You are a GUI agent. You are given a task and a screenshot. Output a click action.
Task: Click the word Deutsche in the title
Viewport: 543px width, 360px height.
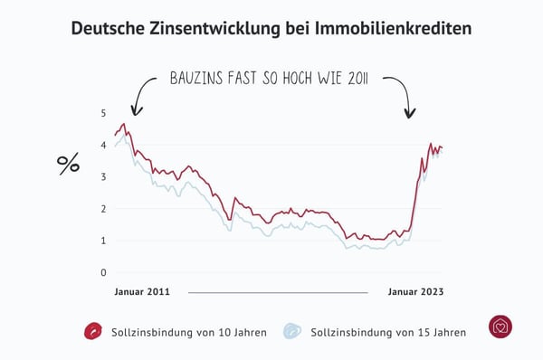pyautogui.click(x=107, y=29)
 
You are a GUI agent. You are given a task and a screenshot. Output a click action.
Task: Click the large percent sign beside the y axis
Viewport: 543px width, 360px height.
pyautogui.click(x=69, y=164)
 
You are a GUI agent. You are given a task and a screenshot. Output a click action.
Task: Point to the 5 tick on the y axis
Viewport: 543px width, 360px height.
pyautogui.click(x=103, y=113)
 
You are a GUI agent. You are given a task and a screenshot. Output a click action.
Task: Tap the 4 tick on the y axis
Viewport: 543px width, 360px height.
pyautogui.click(x=103, y=145)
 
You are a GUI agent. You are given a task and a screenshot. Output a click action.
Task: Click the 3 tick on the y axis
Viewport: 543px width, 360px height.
pyautogui.click(x=103, y=176)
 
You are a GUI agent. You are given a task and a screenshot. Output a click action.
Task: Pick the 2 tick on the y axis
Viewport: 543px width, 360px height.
pyautogui.click(x=103, y=209)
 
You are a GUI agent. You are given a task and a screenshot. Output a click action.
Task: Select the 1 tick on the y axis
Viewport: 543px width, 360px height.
pyautogui.click(x=103, y=241)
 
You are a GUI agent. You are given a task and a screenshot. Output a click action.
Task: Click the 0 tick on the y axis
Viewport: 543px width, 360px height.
pyautogui.click(x=103, y=272)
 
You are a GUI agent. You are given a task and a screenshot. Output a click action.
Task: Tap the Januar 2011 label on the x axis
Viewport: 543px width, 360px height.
pyautogui.click(x=142, y=293)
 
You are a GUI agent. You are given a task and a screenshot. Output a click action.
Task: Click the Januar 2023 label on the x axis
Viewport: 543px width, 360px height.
pyautogui.click(x=415, y=293)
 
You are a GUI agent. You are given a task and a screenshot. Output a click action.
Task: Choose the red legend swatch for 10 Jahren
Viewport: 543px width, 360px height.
pyautogui.click(x=91, y=331)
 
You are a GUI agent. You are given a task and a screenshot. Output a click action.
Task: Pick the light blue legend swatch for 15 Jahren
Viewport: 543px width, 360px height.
pyautogui.click(x=292, y=331)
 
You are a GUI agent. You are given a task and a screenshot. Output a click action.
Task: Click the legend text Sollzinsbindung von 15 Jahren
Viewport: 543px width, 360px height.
pyautogui.click(x=388, y=332)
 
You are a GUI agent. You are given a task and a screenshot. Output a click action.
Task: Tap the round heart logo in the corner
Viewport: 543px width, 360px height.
pyautogui.click(x=500, y=327)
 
